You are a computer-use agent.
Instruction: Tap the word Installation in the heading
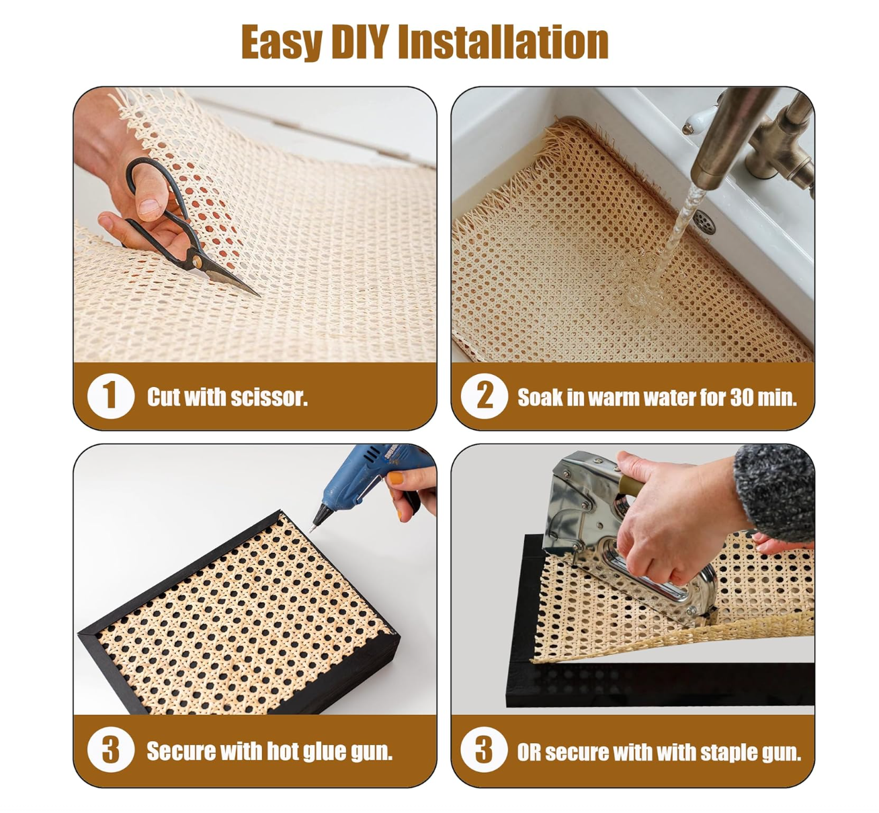(x=503, y=42)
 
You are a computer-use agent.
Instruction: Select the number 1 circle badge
(x=111, y=396)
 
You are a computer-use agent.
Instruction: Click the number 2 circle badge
(x=485, y=396)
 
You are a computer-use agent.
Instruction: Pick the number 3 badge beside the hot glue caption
(x=111, y=750)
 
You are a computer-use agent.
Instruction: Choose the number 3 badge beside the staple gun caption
(x=485, y=750)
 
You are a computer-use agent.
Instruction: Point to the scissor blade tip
(x=259, y=296)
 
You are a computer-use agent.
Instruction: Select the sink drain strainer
(x=704, y=222)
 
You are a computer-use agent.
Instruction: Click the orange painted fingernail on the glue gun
(x=396, y=478)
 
